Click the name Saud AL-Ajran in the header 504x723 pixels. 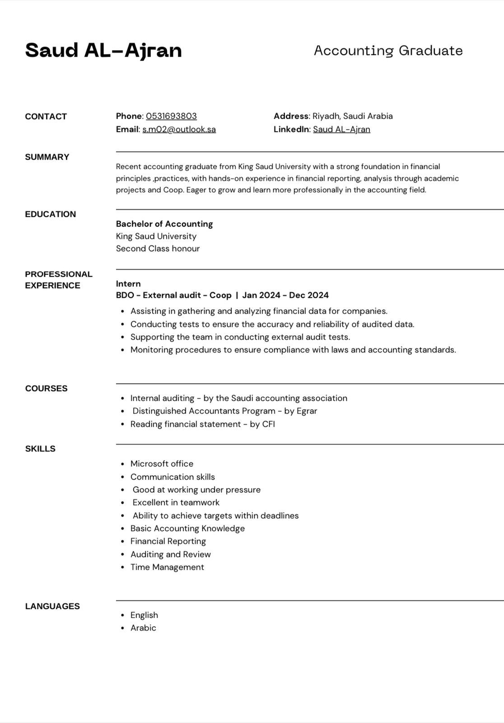pyautogui.click(x=103, y=50)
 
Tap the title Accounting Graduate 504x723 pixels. pyautogui.click(x=388, y=50)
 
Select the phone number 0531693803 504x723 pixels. pyautogui.click(x=171, y=116)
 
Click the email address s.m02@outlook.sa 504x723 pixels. pyautogui.click(x=179, y=129)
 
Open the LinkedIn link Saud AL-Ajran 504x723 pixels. pyautogui.click(x=341, y=129)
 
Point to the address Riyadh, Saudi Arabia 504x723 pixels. pyautogui.click(x=352, y=116)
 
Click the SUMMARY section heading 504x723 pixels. pyautogui.click(x=47, y=157)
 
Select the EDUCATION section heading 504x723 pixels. pyautogui.click(x=50, y=214)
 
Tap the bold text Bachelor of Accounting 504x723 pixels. pyautogui.click(x=164, y=224)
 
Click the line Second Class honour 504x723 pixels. pyautogui.click(x=158, y=249)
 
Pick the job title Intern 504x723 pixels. pyautogui.click(x=128, y=284)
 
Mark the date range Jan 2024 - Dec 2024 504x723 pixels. pyautogui.click(x=285, y=295)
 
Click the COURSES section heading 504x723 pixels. pyautogui.click(x=46, y=388)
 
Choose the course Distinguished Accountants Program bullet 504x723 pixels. pyautogui.click(x=224, y=411)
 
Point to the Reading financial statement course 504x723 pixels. pyautogui.click(x=202, y=424)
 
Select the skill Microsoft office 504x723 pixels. pyautogui.click(x=162, y=464)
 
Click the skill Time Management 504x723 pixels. pyautogui.click(x=167, y=567)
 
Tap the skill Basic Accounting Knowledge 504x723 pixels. pyautogui.click(x=187, y=528)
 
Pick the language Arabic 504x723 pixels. pyautogui.click(x=143, y=628)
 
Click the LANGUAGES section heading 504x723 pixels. pyautogui.click(x=52, y=606)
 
